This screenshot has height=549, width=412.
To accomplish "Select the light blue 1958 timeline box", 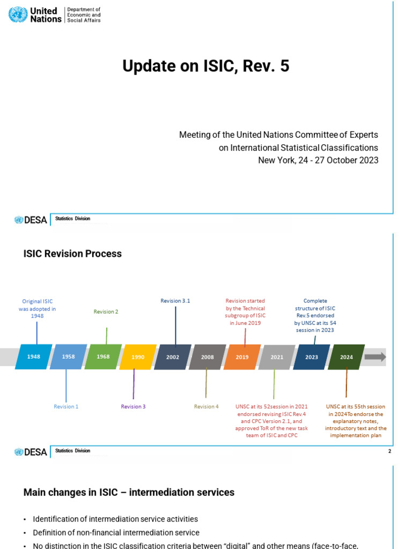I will (68, 357).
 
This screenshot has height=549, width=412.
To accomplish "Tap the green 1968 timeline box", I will (103, 357).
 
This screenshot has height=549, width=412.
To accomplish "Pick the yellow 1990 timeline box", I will (138, 357).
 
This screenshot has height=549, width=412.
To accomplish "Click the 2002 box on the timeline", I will (173, 357).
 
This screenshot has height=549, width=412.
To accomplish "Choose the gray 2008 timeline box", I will (207, 357).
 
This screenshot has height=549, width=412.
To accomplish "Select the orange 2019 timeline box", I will (242, 357).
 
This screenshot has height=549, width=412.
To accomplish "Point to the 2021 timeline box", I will (277, 357).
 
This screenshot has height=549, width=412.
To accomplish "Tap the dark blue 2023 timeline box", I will (311, 357).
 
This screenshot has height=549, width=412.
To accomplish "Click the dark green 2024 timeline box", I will (346, 357).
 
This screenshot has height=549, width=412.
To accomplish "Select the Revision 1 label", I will (66, 407).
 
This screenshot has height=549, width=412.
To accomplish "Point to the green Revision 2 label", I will (106, 311).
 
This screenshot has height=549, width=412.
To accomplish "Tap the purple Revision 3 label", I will (133, 407).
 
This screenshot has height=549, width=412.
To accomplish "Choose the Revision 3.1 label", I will (175, 301).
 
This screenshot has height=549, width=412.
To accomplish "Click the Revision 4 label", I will (207, 407).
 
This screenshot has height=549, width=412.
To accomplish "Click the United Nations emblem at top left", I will (18, 14).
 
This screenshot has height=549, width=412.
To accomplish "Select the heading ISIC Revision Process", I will (72, 254).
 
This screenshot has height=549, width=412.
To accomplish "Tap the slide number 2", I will (390, 451).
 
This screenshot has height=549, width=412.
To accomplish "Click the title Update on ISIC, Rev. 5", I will (205, 66).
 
